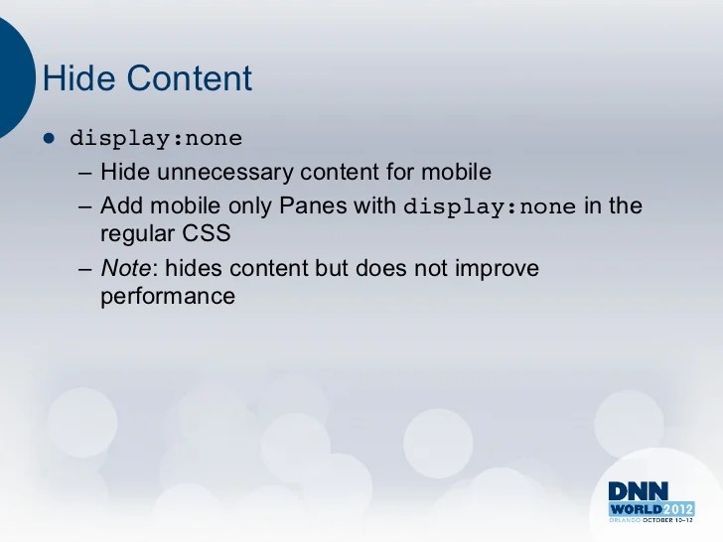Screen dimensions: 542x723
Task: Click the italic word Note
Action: click(120, 269)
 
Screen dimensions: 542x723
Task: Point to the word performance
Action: click(168, 295)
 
